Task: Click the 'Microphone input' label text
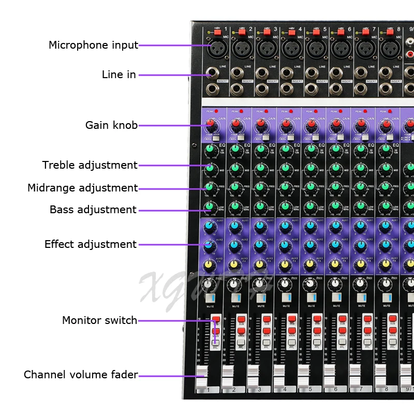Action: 93,45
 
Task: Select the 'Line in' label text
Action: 119,75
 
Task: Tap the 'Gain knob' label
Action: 111,125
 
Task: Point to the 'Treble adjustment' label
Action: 90,165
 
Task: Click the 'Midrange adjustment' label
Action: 82,188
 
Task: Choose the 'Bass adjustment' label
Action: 93,210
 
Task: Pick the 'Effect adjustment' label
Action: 90,244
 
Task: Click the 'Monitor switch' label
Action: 99,320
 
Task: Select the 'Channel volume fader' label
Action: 81,375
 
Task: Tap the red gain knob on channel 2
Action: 235,124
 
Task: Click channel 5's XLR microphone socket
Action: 314,49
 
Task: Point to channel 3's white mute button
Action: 261,298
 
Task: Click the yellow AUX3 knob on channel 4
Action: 285,265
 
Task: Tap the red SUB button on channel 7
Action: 367,319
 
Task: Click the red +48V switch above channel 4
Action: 291,32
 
